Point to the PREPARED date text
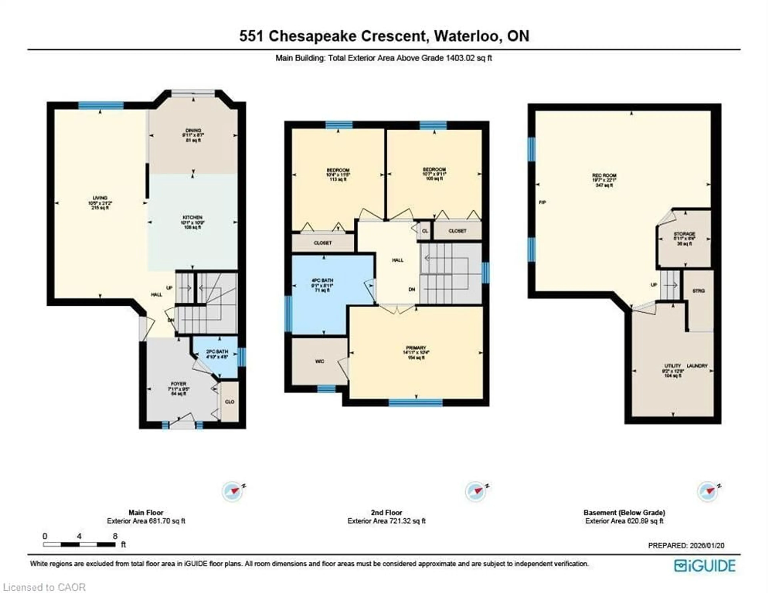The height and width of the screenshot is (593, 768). click(x=686, y=546)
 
